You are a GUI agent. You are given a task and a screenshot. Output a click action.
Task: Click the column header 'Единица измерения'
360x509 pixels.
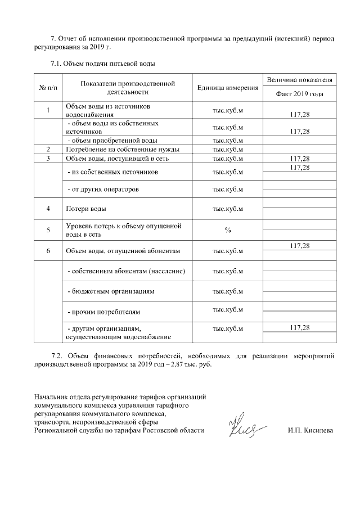[228, 88]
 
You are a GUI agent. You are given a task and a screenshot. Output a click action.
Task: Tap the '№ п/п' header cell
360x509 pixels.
[48, 88]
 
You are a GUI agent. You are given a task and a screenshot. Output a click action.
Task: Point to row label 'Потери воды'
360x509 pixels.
[83, 209]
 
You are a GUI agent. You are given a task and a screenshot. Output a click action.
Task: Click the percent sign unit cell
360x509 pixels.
[228, 230]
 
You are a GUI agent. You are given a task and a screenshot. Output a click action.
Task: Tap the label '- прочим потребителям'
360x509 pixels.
[103, 311]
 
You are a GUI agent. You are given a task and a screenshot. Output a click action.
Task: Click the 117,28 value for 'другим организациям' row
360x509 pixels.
[300, 327]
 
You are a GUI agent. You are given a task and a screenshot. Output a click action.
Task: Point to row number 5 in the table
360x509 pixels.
[48, 230]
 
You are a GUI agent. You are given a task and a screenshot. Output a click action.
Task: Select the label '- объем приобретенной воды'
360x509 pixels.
[112, 140]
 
